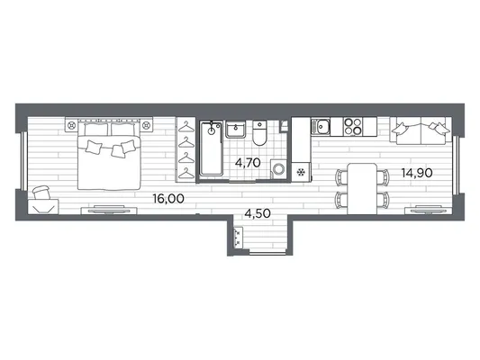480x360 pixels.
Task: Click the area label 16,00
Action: click(168, 199)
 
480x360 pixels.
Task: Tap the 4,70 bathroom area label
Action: click(248, 163)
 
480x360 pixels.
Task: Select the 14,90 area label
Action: click(417, 173)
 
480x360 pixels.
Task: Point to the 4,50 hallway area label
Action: click(258, 213)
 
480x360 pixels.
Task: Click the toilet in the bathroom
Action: click(260, 133)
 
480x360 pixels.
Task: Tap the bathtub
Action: click(212, 148)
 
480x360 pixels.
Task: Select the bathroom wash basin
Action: click(235, 129)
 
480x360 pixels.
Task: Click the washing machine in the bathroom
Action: click(278, 168)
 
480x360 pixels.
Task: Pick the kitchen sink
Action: click(321, 126)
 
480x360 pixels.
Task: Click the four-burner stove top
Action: click(353, 126)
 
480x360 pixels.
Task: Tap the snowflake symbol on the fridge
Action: click(301, 173)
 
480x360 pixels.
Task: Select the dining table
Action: click(362, 189)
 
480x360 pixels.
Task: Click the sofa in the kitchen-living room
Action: click(421, 130)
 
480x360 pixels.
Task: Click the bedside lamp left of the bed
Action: click(72, 125)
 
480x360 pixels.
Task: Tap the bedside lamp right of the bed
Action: click(146, 125)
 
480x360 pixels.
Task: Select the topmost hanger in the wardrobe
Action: click(186, 127)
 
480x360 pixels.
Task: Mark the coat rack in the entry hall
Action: click(238, 237)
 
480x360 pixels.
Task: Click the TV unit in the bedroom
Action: click(109, 210)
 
